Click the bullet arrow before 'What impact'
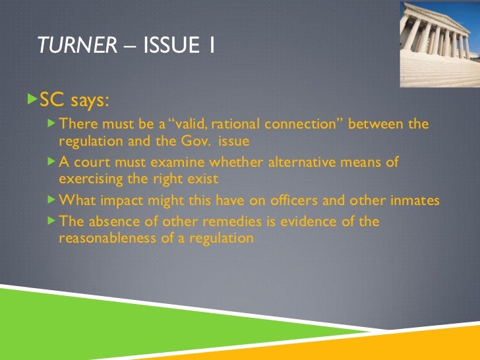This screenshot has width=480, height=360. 53,200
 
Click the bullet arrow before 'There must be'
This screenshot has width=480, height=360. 53,124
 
